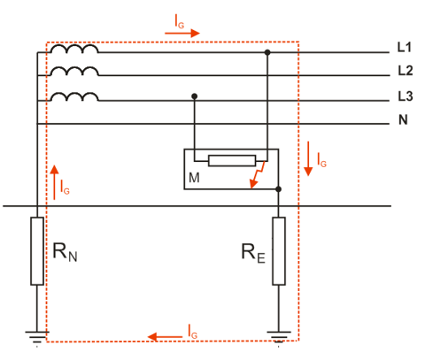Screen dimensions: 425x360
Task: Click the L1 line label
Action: pyautogui.click(x=405, y=47)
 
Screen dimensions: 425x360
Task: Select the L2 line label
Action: pyautogui.click(x=406, y=71)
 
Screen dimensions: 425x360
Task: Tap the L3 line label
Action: pyautogui.click(x=406, y=96)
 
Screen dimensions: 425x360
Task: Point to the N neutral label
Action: pyautogui.click(x=403, y=119)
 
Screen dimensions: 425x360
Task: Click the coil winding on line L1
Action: pyautogui.click(x=74, y=49)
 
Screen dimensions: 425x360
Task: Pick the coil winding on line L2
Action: pyautogui.click(x=74, y=72)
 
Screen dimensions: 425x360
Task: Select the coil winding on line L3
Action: pyautogui.click(x=74, y=97)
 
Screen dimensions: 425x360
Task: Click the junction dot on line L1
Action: pyautogui.click(x=267, y=52)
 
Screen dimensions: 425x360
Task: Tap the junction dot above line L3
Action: pyautogui.click(x=194, y=96)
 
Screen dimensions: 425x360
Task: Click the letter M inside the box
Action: pyautogui.click(x=194, y=178)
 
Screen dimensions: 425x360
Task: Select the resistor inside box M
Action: pyautogui.click(x=232, y=161)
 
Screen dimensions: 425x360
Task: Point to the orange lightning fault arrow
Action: pyautogui.click(x=256, y=176)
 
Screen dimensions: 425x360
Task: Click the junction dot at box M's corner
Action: pyautogui.click(x=278, y=189)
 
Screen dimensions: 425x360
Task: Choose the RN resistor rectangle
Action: pyautogui.click(x=37, y=251)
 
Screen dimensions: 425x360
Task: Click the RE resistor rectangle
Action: pyautogui.click(x=279, y=251)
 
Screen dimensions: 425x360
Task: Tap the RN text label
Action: pyautogui.click(x=65, y=252)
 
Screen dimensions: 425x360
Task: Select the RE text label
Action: pyautogui.click(x=253, y=253)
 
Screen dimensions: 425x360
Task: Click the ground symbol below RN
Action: pyautogui.click(x=37, y=337)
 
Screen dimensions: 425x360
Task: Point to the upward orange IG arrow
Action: pyautogui.click(x=54, y=182)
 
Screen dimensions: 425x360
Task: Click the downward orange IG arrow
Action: pyautogui.click(x=308, y=158)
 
